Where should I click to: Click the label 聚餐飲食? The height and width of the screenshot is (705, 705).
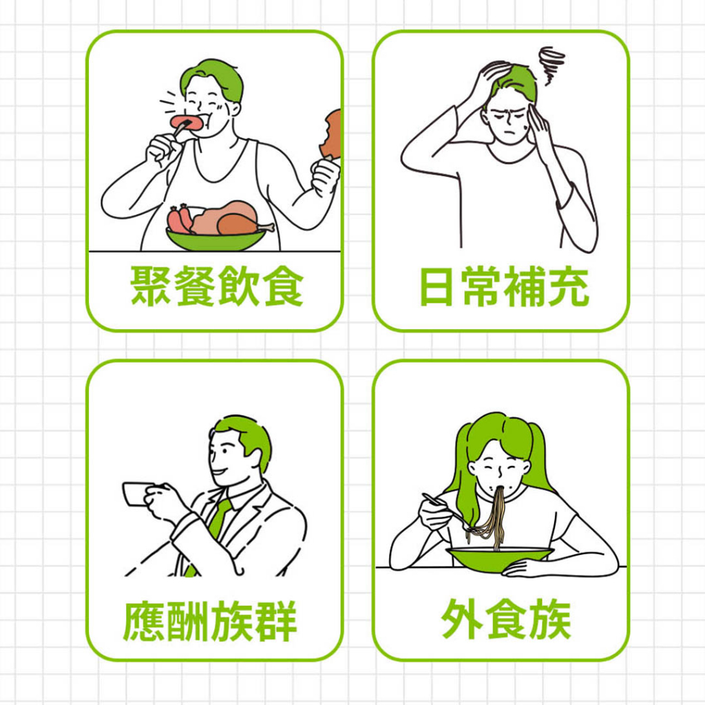tap(217, 286)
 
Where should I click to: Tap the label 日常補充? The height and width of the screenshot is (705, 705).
tap(504, 286)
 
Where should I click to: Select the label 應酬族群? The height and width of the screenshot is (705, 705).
tap(210, 621)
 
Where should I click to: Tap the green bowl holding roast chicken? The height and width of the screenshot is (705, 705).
tap(215, 239)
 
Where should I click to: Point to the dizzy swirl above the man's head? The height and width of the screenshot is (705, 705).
tap(551, 63)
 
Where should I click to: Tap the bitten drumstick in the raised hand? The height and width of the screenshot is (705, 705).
tap(332, 135)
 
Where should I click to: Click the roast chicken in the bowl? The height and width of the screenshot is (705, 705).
tap(230, 218)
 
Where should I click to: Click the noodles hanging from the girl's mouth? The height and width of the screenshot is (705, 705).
tap(490, 517)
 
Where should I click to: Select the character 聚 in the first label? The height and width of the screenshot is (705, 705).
tap(151, 286)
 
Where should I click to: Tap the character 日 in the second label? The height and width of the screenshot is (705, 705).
tap(435, 286)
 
